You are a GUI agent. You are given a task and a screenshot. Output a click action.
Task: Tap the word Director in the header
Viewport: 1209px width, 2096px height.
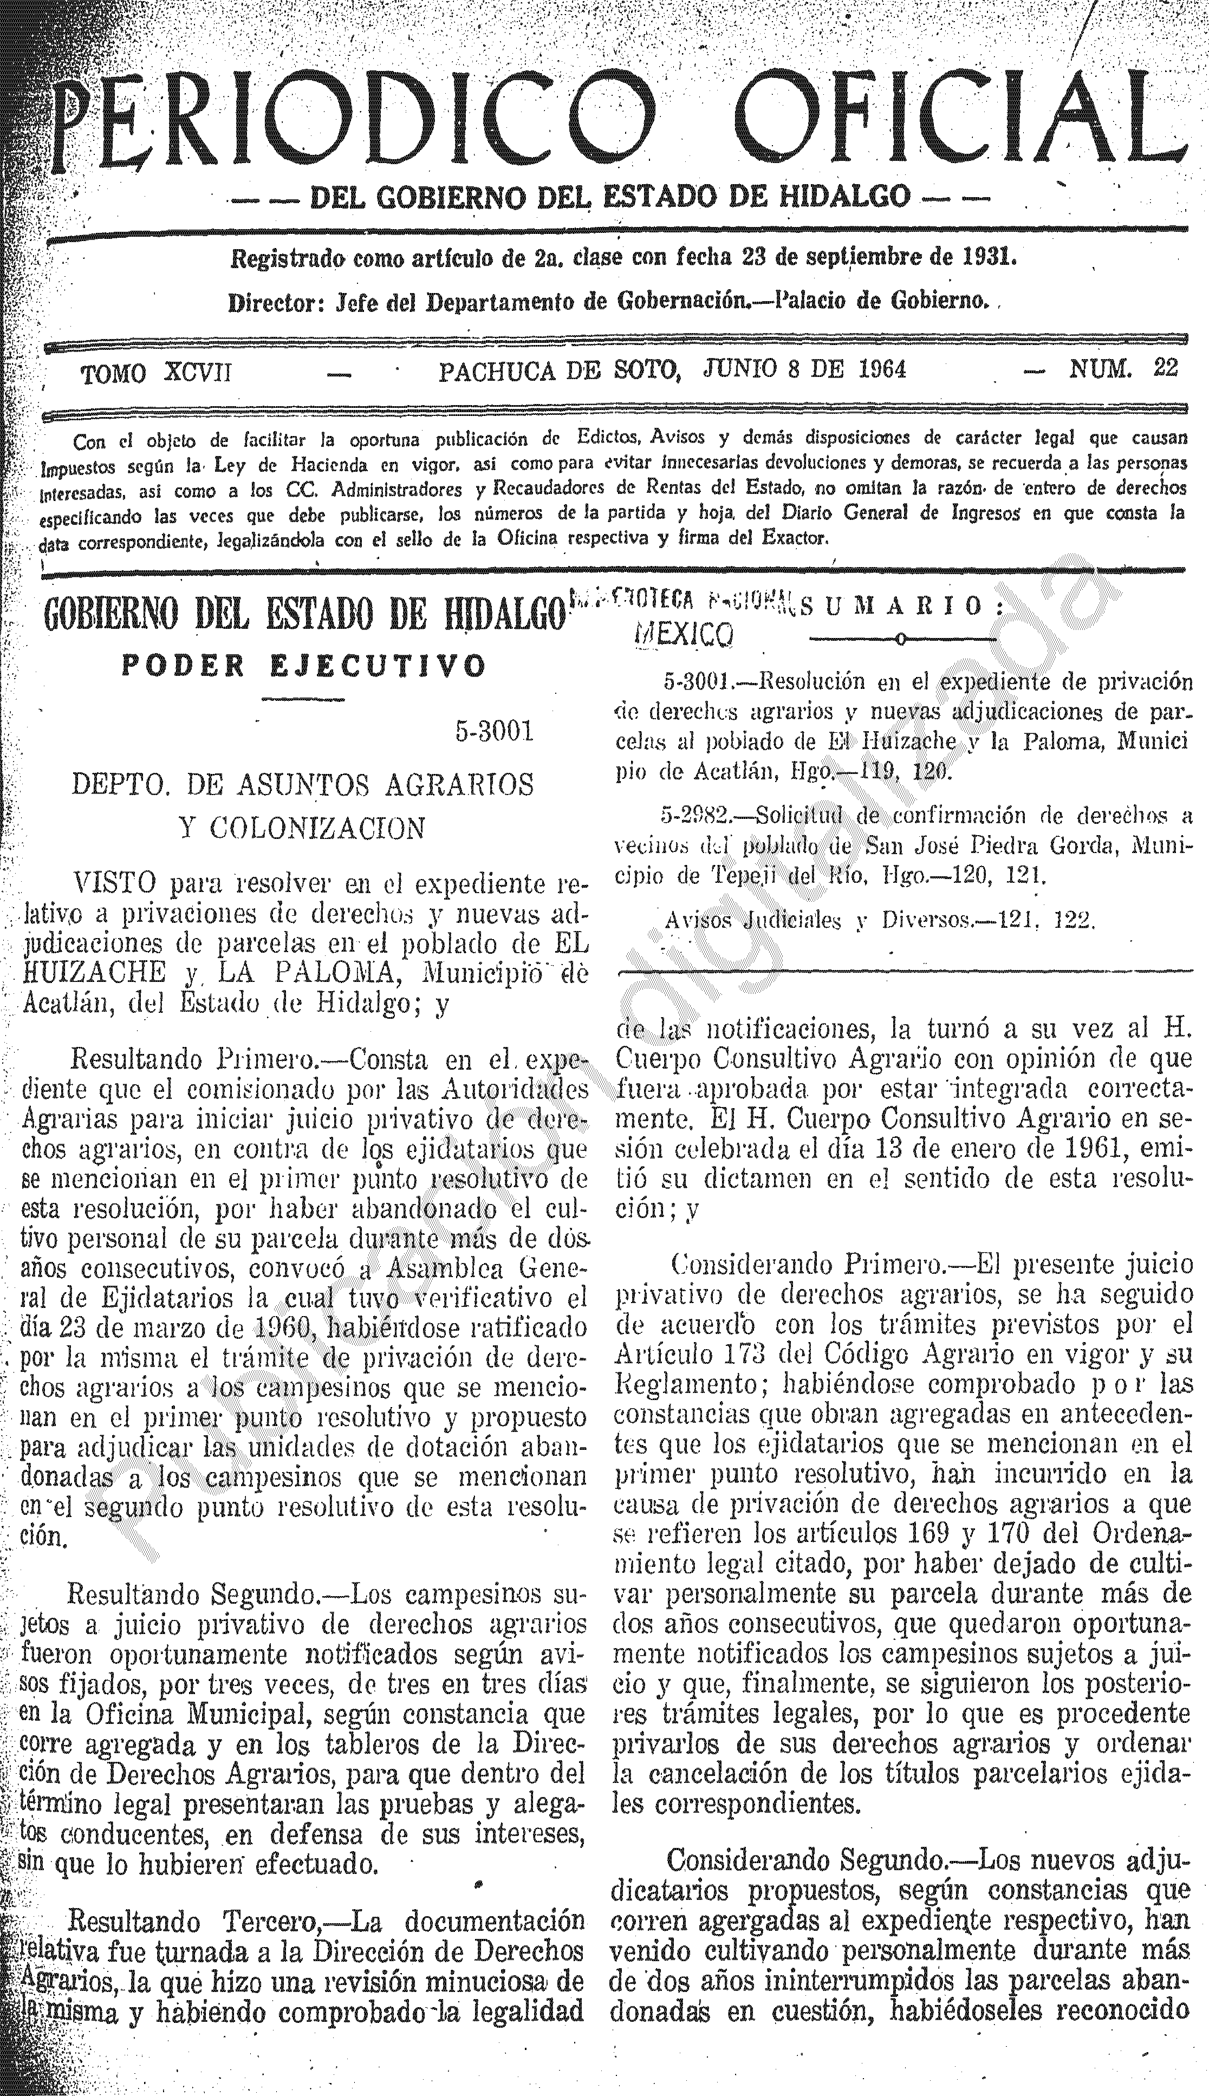pyautogui.click(x=275, y=303)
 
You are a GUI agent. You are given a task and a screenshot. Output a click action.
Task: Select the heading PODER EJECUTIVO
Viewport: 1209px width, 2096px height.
pyautogui.click(x=303, y=667)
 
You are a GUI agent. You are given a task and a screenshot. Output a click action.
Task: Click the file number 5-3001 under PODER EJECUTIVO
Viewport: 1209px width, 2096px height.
pyautogui.click(x=493, y=731)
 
